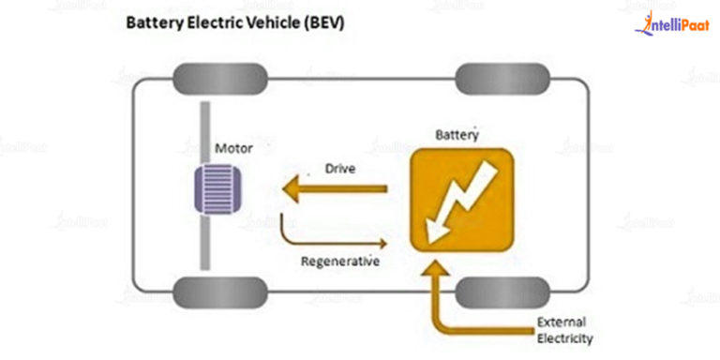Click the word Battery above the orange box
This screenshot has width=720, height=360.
coord(457,135)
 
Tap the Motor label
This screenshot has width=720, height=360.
coord(232,148)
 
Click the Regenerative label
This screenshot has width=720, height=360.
coord(340,262)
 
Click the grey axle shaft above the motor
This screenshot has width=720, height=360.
coord(204,131)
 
